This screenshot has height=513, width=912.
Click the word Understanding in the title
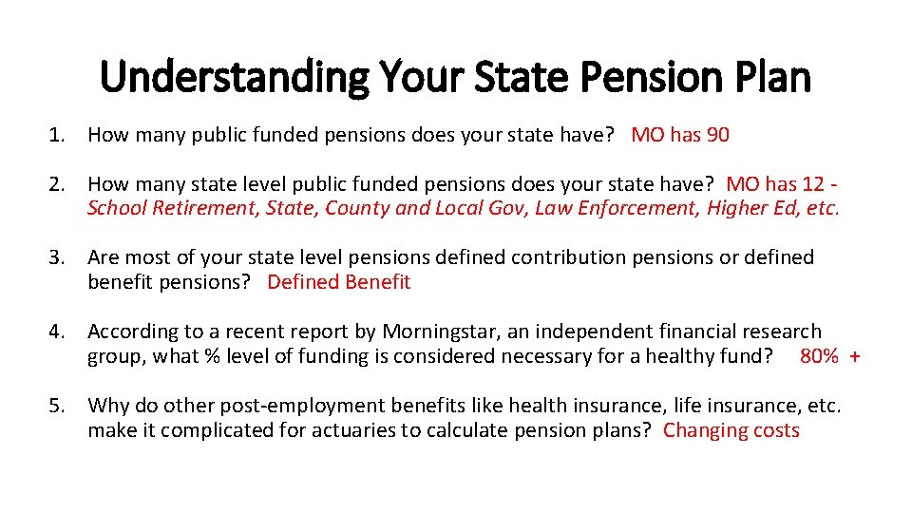pyautogui.click(x=233, y=76)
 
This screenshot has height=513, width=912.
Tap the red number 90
pyautogui.click(x=717, y=135)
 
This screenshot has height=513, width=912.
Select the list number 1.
pyautogui.click(x=57, y=135)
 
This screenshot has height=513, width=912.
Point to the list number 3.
pyautogui.click(x=57, y=257)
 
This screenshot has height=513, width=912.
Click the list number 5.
pyautogui.click(x=57, y=406)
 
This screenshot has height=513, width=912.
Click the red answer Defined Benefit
pyautogui.click(x=339, y=282)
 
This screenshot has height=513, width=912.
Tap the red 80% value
pyautogui.click(x=819, y=356)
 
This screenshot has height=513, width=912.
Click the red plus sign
pyautogui.click(x=855, y=356)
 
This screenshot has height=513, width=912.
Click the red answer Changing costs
pyautogui.click(x=731, y=430)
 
